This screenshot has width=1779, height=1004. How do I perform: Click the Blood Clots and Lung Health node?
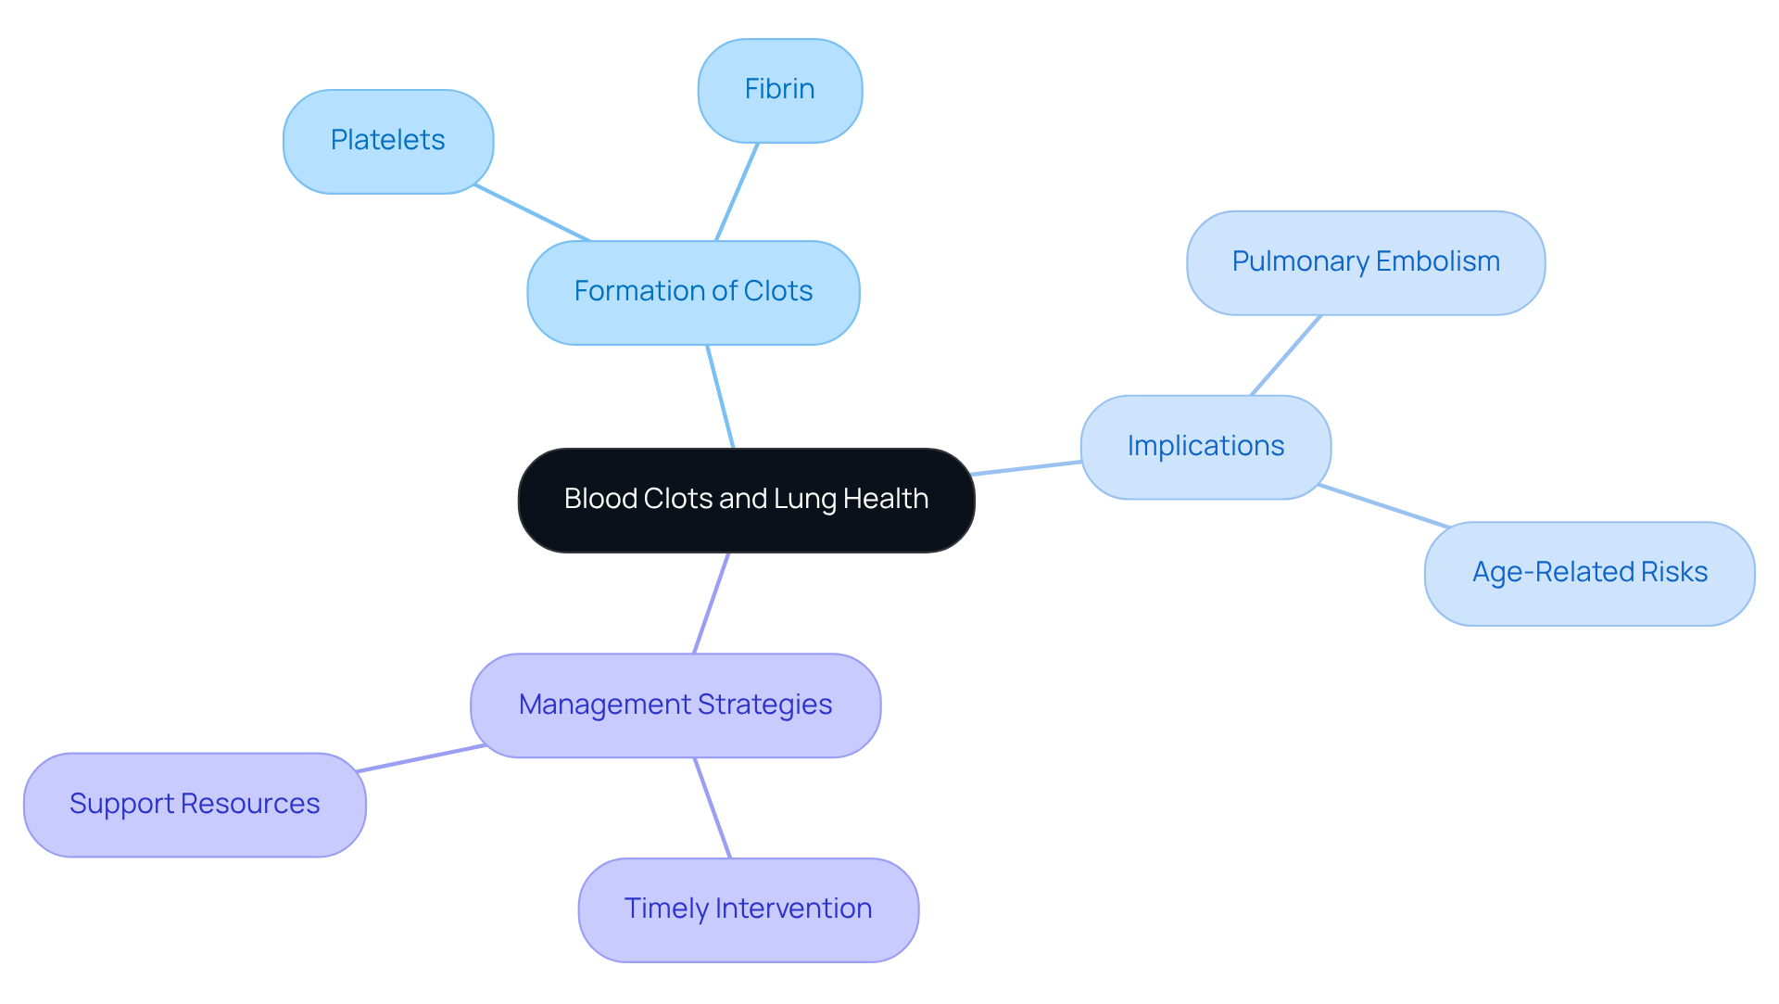tap(746, 500)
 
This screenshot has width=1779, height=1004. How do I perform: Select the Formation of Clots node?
tap(693, 292)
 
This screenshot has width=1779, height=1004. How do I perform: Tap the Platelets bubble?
tap(387, 141)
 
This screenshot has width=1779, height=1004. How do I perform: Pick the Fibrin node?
tap(779, 90)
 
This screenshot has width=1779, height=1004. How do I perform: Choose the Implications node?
tap(1205, 447)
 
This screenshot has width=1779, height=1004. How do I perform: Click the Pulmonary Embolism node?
tap(1365, 262)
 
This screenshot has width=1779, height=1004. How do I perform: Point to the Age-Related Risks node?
tap(1589, 573)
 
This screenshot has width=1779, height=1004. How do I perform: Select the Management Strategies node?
tap(675, 705)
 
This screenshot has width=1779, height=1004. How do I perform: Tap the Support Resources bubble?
tap(195, 804)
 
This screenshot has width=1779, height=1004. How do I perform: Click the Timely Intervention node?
tap(748, 909)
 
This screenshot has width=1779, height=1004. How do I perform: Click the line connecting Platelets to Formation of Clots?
tap(532, 212)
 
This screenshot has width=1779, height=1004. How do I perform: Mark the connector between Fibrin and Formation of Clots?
tap(737, 192)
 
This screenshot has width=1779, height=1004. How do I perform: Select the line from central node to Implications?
tap(1027, 468)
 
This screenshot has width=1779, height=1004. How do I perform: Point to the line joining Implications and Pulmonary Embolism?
tap(1286, 355)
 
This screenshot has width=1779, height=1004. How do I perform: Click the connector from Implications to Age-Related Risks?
tap(1384, 506)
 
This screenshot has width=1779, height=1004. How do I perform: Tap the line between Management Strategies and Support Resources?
tap(421, 757)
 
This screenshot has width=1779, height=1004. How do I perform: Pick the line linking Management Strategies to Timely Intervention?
tap(713, 807)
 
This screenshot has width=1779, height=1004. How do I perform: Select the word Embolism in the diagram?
tap(1437, 262)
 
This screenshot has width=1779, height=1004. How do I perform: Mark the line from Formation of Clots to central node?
tap(720, 397)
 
